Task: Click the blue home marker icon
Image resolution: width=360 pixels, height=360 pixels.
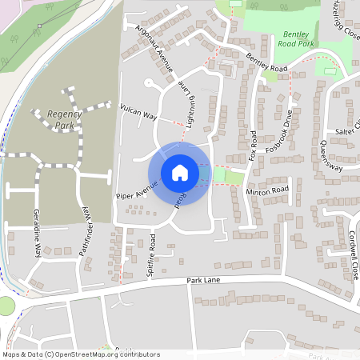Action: [179, 172]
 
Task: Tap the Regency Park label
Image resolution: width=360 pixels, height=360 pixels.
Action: [65, 120]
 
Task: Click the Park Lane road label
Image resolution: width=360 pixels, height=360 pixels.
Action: [203, 281]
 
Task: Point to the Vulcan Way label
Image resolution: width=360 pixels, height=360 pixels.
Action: [138, 112]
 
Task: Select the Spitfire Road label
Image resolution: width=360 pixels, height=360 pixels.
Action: [153, 253]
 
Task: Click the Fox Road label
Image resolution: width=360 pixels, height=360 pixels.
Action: [252, 145]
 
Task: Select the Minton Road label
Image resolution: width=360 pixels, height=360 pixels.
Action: [267, 190]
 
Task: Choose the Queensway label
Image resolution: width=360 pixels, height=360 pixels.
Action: [331, 156]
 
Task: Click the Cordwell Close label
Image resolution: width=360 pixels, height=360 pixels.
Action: [353, 254]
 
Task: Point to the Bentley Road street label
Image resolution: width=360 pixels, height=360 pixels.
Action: [267, 62]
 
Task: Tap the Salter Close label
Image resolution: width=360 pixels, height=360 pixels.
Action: [349, 127]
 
